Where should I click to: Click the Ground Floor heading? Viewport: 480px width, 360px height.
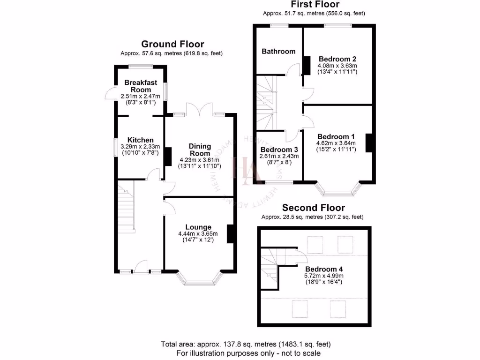click(x=172, y=44)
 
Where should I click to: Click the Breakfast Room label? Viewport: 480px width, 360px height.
click(x=141, y=86)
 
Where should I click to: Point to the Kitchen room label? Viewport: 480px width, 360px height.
click(x=141, y=140)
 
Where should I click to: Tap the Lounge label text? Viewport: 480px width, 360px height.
click(x=198, y=227)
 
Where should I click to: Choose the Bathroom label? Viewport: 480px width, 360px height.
click(x=278, y=51)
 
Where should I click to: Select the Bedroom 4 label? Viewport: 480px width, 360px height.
click(x=324, y=269)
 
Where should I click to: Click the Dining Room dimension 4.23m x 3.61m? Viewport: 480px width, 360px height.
click(x=200, y=159)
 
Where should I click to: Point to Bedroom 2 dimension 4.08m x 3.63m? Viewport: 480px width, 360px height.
click(x=337, y=66)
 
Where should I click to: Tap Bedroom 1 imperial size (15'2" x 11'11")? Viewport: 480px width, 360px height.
click(x=337, y=150)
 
